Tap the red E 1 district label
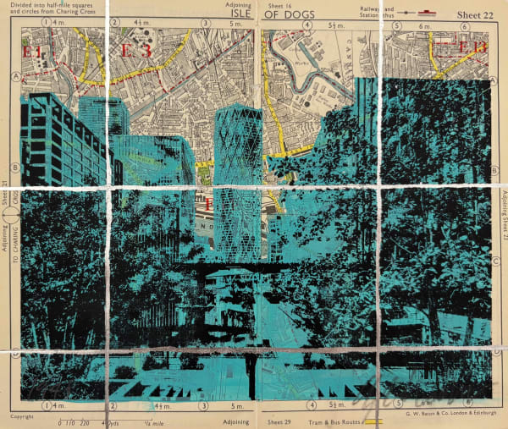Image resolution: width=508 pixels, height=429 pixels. click(x=34, y=53)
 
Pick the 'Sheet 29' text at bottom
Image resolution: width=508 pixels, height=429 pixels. click(x=280, y=421)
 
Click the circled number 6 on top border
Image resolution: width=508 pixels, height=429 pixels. click(x=395, y=25)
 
